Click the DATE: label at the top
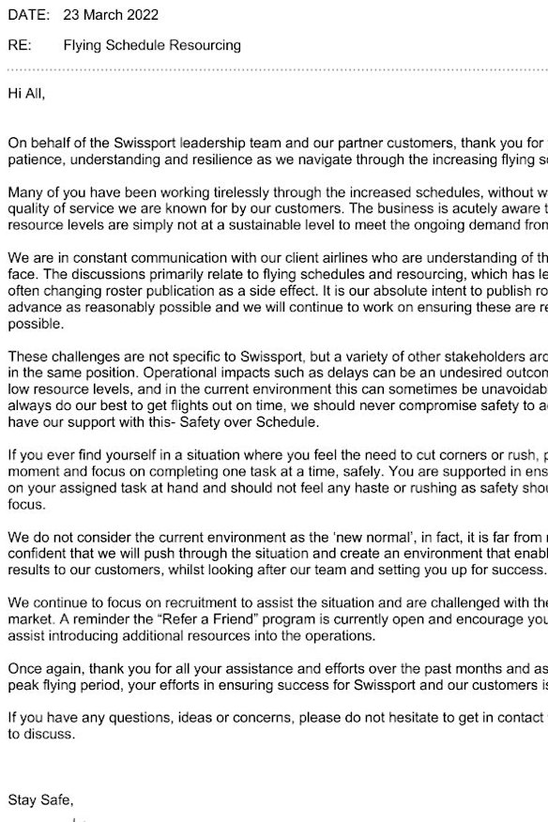coord(28,15)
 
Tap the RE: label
coord(20,44)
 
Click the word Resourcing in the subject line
coord(207,44)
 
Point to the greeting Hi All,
coord(26,94)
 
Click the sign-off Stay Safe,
coord(40,799)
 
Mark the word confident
coord(38,554)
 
